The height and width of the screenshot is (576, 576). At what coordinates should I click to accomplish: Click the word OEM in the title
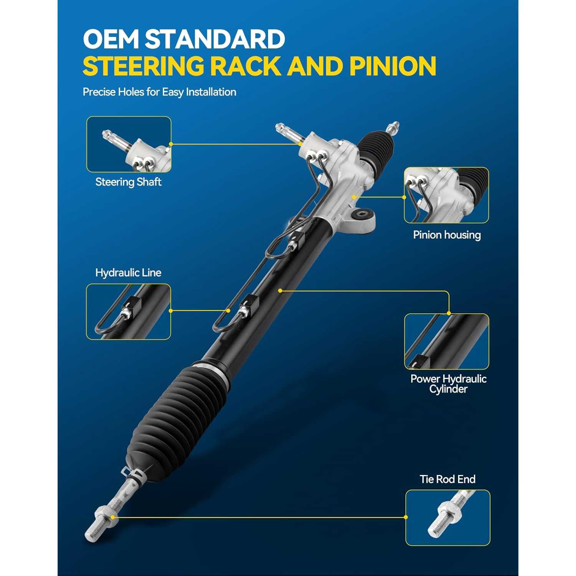tap(111, 39)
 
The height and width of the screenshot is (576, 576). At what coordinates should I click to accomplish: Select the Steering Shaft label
tap(128, 182)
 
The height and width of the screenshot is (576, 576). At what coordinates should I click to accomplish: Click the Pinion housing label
tap(447, 235)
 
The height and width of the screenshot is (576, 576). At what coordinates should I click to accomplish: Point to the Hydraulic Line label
tap(128, 273)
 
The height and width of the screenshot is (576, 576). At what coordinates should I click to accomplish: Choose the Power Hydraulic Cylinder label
tap(449, 384)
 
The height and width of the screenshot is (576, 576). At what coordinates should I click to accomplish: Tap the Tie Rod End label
tap(447, 479)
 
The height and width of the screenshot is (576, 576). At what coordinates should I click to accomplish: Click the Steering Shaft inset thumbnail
tap(129, 144)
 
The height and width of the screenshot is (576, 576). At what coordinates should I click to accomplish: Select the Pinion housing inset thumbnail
tap(446, 195)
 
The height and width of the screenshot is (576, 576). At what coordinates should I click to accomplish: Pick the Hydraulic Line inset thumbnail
tap(128, 312)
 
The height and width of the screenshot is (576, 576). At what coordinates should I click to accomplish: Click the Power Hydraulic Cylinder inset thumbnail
tap(447, 341)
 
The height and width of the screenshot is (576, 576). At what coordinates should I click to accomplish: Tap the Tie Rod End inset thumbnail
tap(448, 518)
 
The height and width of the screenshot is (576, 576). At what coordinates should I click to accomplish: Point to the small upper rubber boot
tap(377, 150)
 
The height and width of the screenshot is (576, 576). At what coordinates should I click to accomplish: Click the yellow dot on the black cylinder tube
tap(280, 291)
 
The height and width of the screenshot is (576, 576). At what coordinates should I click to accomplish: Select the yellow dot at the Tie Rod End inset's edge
tap(406, 517)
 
